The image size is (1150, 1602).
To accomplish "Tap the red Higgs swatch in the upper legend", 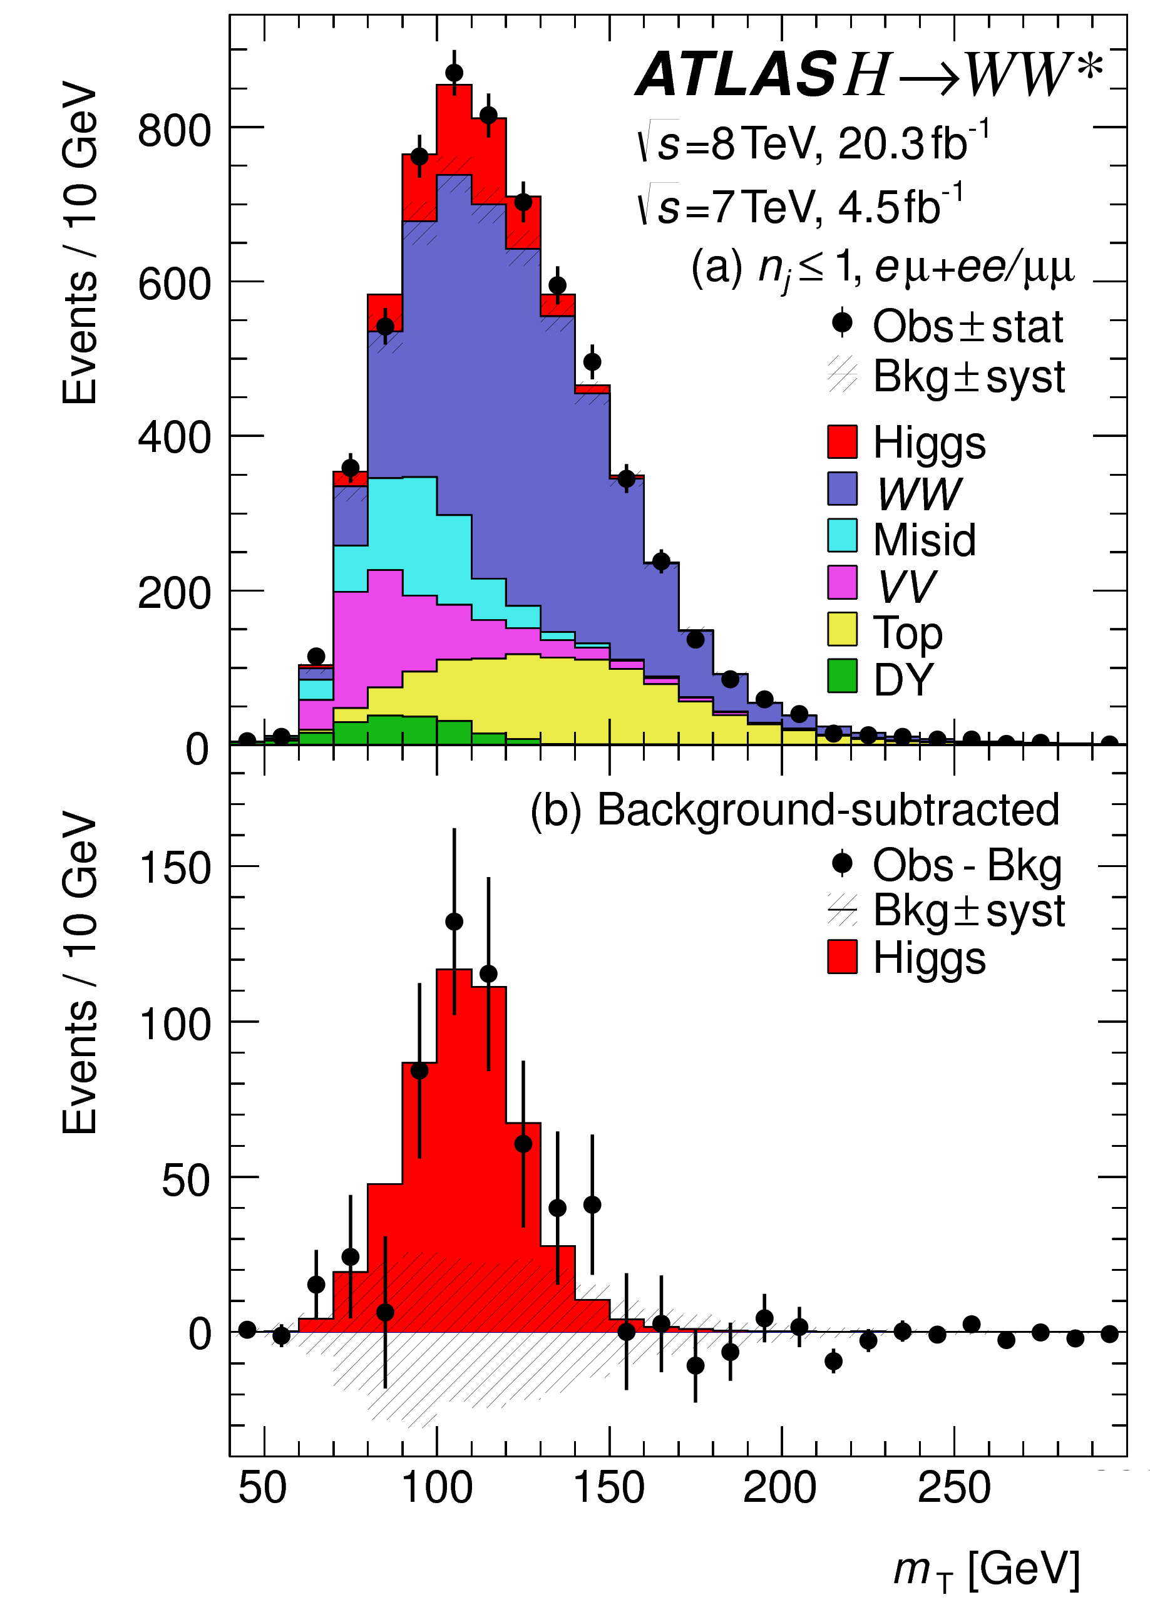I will [x=842, y=442].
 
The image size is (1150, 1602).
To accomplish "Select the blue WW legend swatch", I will [x=842, y=490].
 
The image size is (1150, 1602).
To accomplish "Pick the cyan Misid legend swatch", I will [x=842, y=536].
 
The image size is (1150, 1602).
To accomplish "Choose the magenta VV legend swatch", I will [x=842, y=583].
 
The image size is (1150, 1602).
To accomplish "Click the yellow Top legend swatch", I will [x=842, y=629].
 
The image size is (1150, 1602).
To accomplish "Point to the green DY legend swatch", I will [x=842, y=677].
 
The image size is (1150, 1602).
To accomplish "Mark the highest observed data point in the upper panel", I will [x=454, y=73].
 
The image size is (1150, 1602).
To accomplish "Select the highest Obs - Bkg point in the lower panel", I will [x=454, y=922].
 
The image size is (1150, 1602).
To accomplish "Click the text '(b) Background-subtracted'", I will [x=794, y=810].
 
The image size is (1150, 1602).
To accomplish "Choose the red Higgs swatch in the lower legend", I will [x=842, y=957].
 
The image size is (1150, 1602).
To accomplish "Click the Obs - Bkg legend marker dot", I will [x=842, y=863].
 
